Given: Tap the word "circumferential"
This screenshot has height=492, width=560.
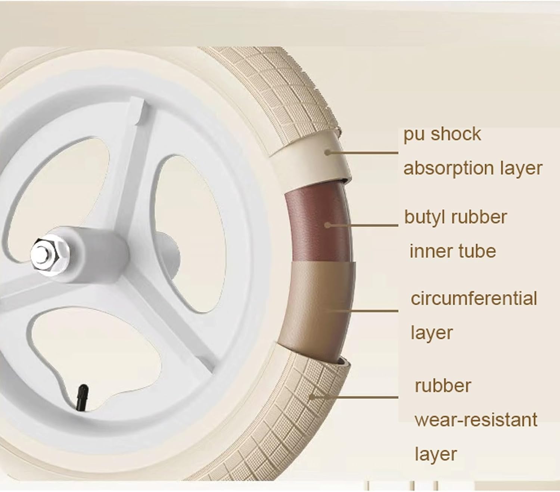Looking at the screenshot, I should tap(474, 299).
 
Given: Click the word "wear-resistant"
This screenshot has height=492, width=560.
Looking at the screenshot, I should tap(476, 420).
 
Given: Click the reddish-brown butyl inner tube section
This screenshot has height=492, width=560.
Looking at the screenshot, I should tap(317, 224).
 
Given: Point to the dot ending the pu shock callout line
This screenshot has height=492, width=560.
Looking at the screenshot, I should tap(327, 152).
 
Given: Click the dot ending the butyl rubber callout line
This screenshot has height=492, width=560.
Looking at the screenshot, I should tap(327, 225).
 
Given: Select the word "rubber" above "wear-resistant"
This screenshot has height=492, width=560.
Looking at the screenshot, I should tap(443, 386).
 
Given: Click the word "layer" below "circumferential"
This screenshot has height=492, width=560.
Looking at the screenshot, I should tap(432, 333).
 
